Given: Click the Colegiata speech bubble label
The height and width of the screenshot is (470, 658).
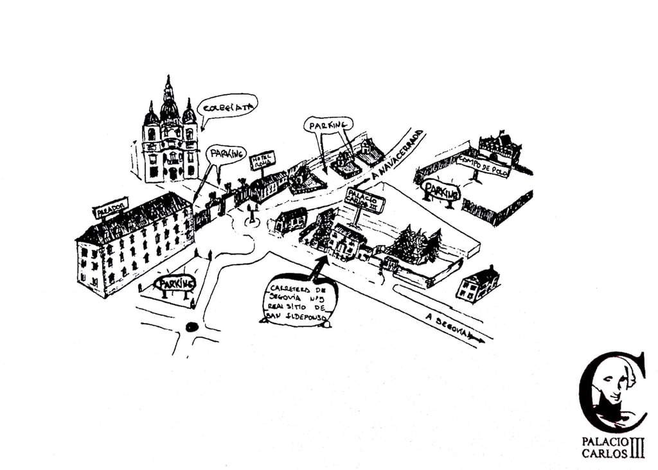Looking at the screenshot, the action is (x=228, y=107).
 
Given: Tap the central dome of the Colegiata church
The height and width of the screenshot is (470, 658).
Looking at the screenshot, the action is (x=169, y=109).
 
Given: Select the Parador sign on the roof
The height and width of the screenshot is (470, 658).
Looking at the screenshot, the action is (x=110, y=208).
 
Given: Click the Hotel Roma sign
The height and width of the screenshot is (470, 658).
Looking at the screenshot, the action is (x=262, y=160).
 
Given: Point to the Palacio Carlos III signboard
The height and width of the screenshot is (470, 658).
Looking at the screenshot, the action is (x=365, y=200).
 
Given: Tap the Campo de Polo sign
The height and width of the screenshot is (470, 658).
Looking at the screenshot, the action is (x=483, y=166).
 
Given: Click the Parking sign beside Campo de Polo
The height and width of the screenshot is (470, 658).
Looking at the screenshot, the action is (x=442, y=191).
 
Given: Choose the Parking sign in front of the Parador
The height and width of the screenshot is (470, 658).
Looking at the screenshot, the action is (x=175, y=283).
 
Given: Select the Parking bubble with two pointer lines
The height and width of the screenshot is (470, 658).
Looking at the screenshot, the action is (x=328, y=125).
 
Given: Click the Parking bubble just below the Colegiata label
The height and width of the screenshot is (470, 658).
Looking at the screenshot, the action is (x=226, y=154).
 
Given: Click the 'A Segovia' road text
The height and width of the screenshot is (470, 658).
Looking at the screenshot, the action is (x=449, y=326).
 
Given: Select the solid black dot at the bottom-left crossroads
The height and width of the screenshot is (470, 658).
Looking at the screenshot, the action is (x=191, y=326).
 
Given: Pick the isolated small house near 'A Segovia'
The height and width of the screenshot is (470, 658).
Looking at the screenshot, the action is (x=477, y=284).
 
